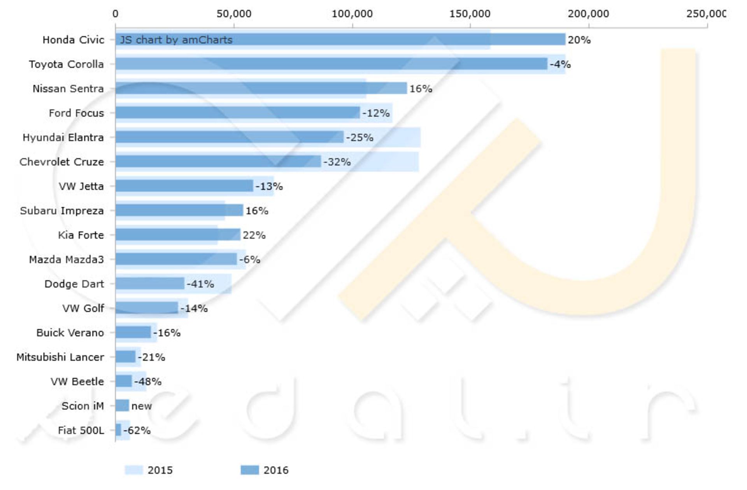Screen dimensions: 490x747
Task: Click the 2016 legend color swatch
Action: pos(249,470)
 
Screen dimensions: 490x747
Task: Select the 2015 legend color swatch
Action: pos(133,470)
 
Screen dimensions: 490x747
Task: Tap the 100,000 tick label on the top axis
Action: pos(352,14)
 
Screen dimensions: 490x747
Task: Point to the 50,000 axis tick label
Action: pos(234,14)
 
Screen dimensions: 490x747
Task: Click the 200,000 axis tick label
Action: pos(588,14)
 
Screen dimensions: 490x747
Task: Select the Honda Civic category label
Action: pos(73,40)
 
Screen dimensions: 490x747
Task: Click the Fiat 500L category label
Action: pos(81,430)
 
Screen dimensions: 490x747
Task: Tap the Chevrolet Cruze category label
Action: pos(61,162)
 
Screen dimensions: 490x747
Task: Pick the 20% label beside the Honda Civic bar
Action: pos(579,40)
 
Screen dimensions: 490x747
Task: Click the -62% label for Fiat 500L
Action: pos(137,430)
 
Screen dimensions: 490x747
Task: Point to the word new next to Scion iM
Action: pos(142,406)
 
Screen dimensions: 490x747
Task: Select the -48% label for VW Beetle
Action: pos(148,382)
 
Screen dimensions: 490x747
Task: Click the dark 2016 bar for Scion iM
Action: pos(122,406)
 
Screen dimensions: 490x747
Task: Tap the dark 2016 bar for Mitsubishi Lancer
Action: pos(125,357)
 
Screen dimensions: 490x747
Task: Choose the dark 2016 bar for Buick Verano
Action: pos(133,332)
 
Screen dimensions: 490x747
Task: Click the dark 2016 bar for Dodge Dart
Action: pos(150,284)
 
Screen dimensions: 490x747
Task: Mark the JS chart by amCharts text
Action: pos(176,40)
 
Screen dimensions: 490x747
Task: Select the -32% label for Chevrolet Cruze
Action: pos(337,162)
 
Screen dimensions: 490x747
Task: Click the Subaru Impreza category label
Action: pos(62,211)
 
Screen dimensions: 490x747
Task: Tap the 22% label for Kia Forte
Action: pos(254,235)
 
